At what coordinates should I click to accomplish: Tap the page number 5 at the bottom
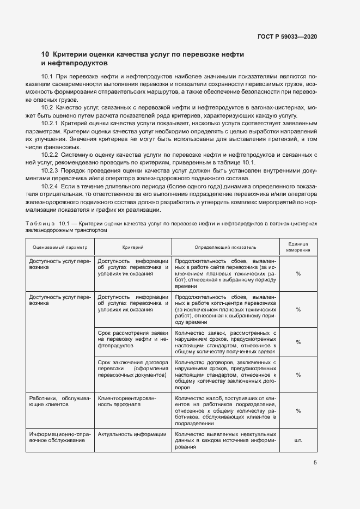tap(315, 463)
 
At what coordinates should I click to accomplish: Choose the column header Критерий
tap(133, 247)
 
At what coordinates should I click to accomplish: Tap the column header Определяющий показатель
tap(225, 247)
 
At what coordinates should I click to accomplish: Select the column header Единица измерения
tap(298, 247)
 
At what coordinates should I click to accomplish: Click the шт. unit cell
tap(298, 440)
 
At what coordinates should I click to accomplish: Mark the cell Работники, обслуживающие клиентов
tap(59, 401)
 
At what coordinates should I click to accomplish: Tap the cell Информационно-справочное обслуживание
tap(59, 437)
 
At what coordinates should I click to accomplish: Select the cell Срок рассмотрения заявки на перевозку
tap(133, 339)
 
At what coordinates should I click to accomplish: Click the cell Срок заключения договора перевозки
tap(133, 368)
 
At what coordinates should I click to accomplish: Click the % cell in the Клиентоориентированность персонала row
tap(298, 411)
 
